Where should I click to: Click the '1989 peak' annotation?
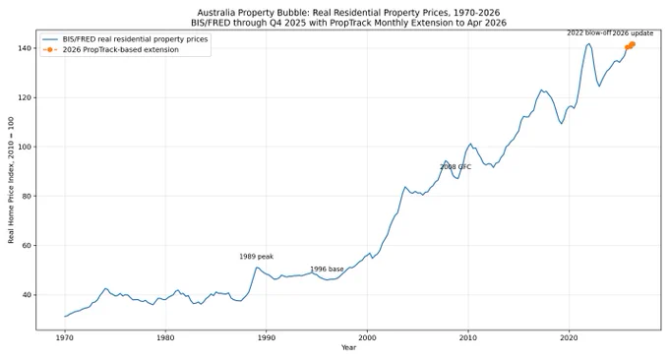[256, 257]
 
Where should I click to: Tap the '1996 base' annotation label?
[327, 270]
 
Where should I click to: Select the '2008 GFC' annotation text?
[456, 167]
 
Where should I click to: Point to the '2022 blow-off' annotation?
[589, 32]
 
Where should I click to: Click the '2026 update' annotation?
[634, 32]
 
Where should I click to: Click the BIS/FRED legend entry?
[135, 39]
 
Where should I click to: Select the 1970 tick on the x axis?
[65, 337]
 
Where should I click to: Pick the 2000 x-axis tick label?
[367, 337]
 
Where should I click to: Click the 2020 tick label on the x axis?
[569, 337]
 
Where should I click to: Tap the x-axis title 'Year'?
[348, 347]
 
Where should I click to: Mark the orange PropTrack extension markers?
[630, 45]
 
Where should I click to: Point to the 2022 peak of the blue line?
[589, 43]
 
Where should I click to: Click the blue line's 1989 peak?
[257, 268]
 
